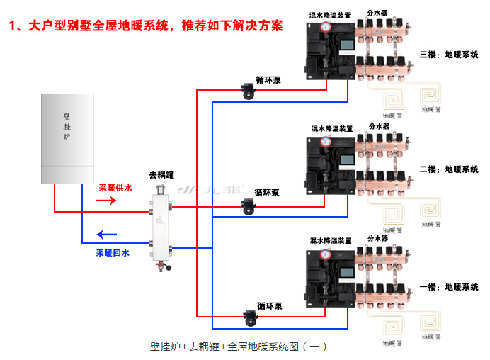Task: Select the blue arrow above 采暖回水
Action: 106,235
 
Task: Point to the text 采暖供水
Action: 115,188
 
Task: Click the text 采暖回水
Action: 113,252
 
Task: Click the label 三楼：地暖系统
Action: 449,54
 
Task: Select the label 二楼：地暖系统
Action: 449,170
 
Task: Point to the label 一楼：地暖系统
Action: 449,287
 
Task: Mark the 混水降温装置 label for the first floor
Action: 331,241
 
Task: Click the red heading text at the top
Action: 146,26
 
